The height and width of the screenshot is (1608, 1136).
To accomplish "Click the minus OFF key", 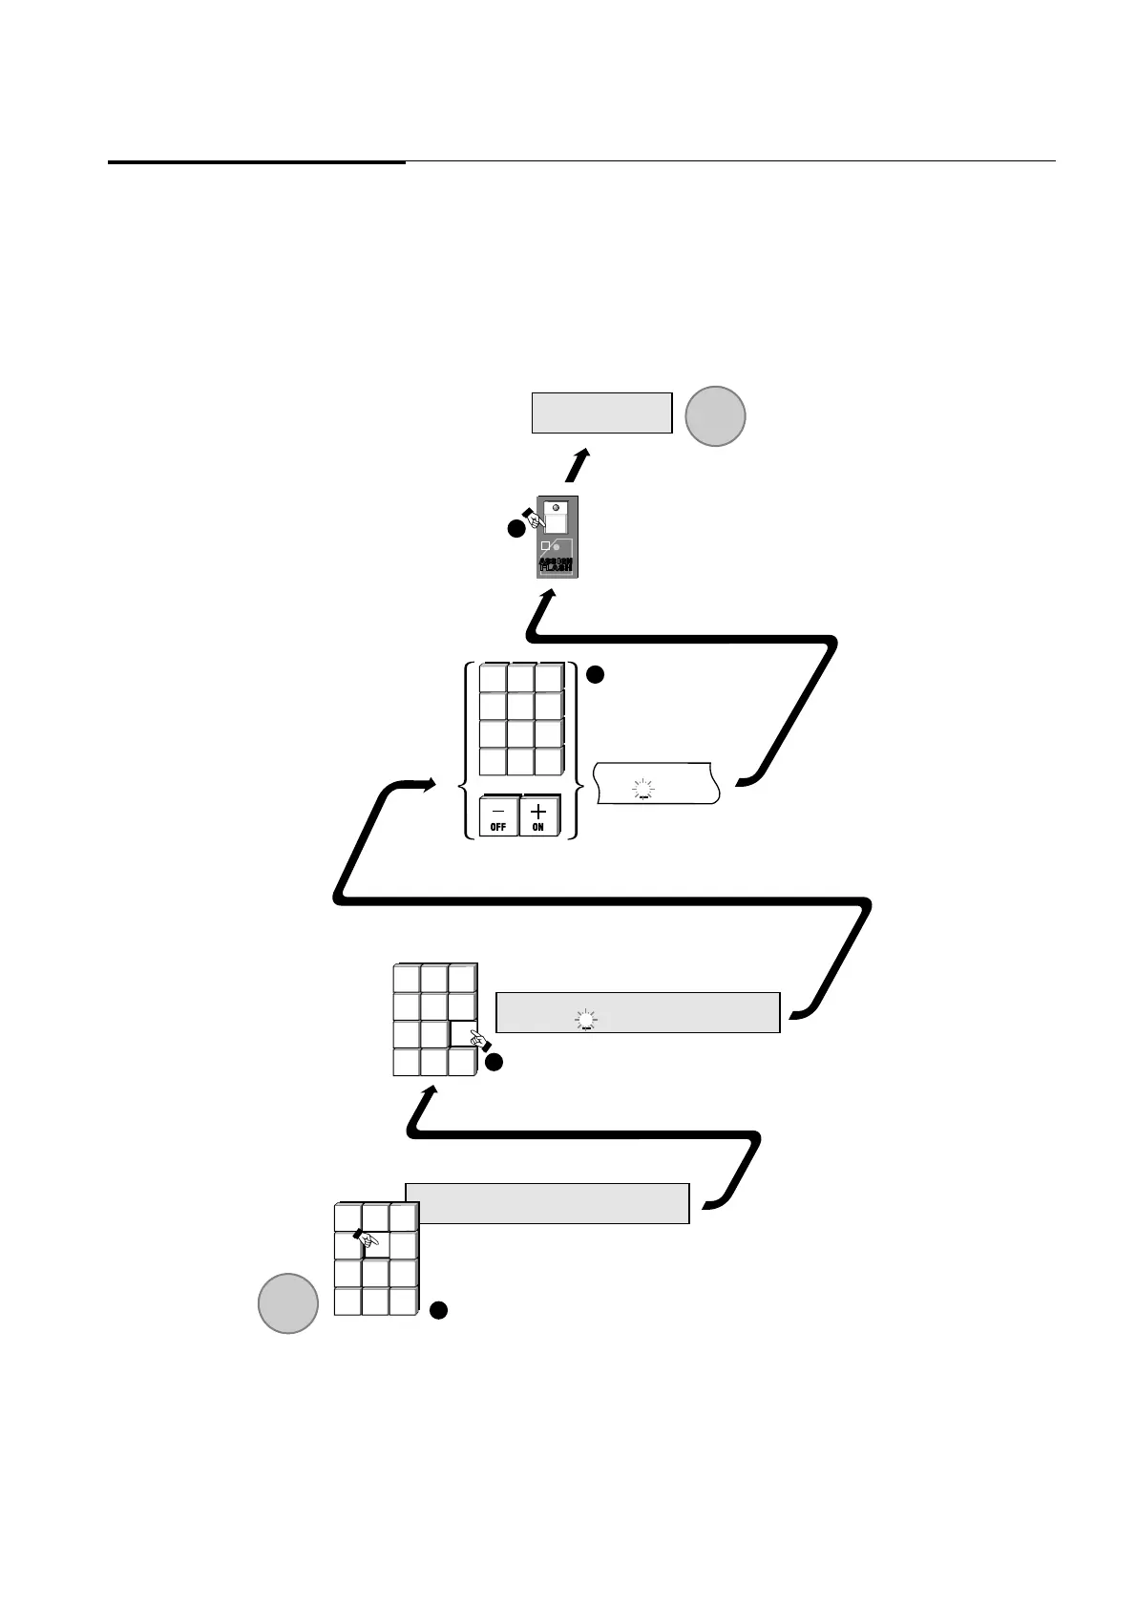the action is [498, 815].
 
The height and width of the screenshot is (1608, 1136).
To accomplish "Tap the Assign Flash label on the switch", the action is [556, 563].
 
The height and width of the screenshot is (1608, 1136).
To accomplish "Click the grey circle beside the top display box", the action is [715, 416].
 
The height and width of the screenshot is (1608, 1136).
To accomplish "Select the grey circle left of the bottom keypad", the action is [288, 1302].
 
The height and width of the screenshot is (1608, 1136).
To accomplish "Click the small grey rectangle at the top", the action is [601, 413].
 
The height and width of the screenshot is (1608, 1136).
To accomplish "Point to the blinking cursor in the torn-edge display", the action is [644, 788].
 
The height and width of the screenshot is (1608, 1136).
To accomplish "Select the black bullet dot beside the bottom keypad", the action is [438, 1311].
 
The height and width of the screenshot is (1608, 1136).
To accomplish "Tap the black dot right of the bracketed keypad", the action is [593, 675].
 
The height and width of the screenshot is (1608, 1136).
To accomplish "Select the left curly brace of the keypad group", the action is [467, 751].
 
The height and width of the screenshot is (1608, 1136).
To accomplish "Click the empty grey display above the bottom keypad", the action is [547, 1203].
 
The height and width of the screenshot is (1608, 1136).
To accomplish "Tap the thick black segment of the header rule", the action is [256, 162].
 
